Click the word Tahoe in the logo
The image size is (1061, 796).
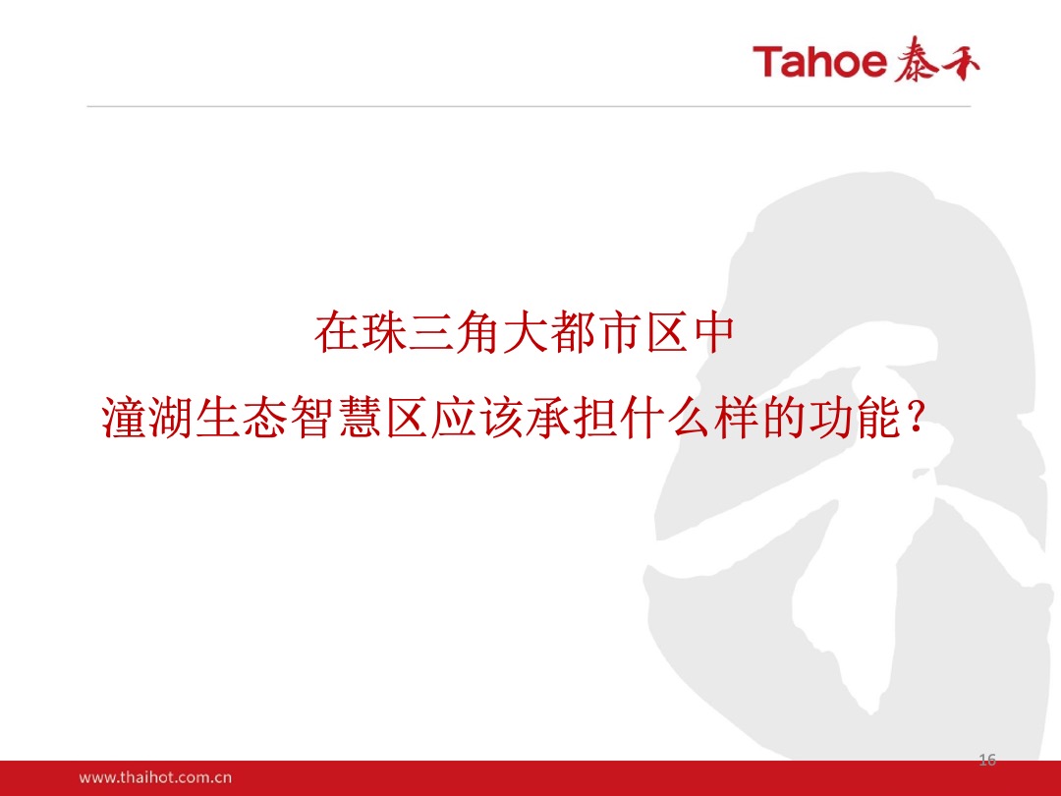(820, 62)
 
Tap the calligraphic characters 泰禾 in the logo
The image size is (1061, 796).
(937, 62)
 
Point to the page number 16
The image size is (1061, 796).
(987, 759)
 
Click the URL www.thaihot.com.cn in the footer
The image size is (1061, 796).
(155, 777)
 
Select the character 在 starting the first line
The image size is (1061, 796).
(335, 334)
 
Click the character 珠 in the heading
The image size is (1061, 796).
(382, 334)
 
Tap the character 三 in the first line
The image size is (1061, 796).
(429, 334)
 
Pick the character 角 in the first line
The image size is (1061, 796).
(476, 334)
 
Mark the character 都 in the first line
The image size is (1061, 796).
(571, 334)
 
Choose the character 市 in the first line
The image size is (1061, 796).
(618, 334)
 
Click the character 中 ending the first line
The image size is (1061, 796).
(712, 334)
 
